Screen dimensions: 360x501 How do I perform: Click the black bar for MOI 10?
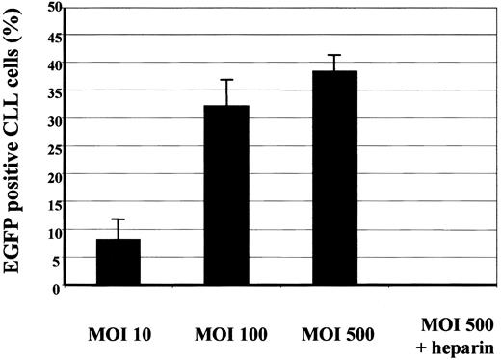point(119,262)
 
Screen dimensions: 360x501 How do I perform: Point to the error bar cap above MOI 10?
point(119,219)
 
